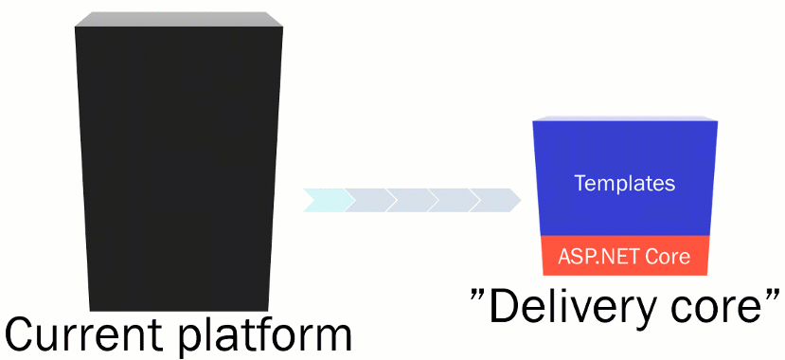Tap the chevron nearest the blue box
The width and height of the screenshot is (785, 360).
tap(493, 200)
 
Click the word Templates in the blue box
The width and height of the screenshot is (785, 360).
tap(625, 183)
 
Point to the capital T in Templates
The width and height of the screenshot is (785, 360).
tap(580, 183)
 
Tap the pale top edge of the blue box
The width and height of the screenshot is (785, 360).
tap(624, 118)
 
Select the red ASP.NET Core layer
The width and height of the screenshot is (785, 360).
tap(624, 256)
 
